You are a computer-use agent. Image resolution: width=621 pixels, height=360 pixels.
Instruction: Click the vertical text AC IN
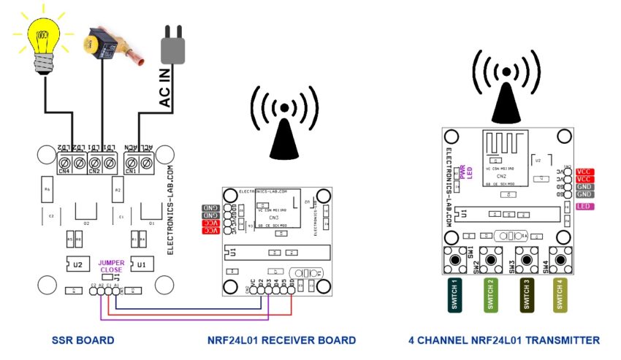[x=165, y=91]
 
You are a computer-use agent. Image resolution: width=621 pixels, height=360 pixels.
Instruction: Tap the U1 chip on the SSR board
[x=142, y=263]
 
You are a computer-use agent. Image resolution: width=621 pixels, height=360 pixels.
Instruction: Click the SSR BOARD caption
[x=83, y=340]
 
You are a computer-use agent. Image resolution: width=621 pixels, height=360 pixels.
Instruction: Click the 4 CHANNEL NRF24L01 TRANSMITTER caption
[x=503, y=340]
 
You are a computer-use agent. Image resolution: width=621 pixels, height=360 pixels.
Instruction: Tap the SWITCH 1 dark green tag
[x=454, y=296]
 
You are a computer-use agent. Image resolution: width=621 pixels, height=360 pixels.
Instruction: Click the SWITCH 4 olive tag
[x=560, y=296]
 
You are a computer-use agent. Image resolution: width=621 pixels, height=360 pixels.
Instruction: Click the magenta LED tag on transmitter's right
[x=584, y=207]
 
